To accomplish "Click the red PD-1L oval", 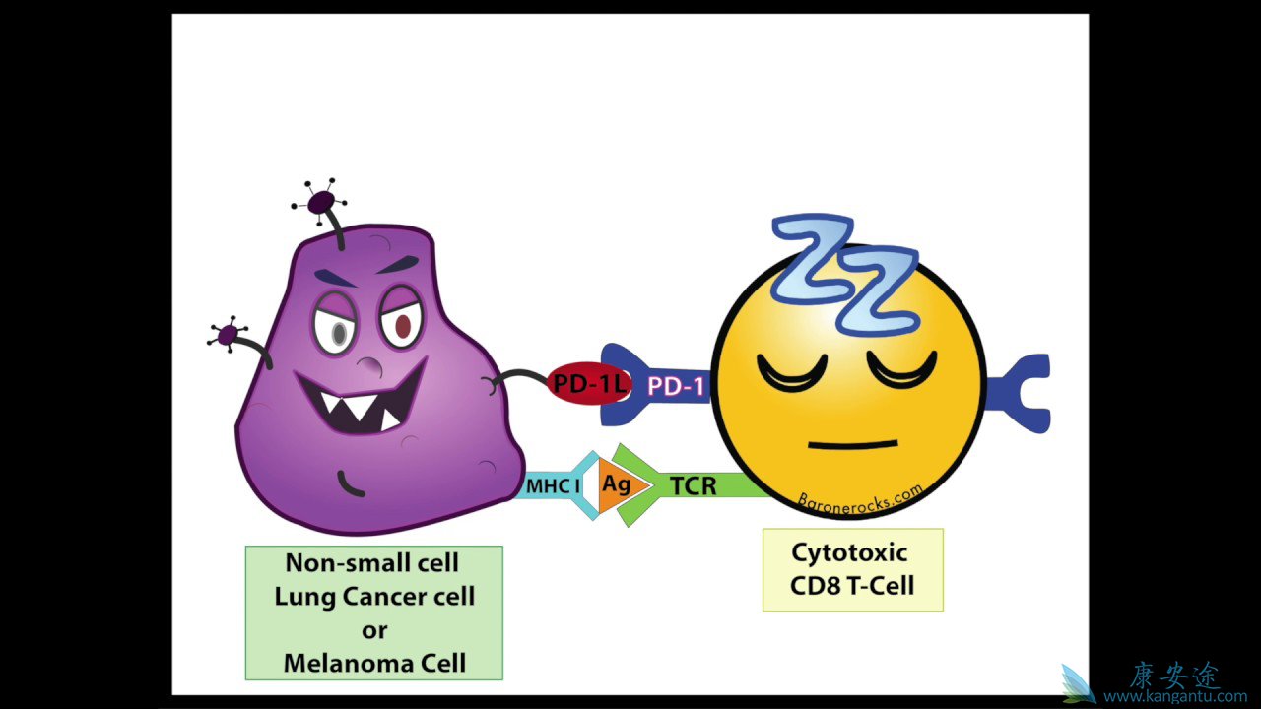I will tap(589, 383).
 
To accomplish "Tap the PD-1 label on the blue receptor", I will tap(676, 387).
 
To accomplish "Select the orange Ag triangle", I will tap(619, 485).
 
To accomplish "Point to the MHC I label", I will tap(552, 485).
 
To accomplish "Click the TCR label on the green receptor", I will tap(694, 485).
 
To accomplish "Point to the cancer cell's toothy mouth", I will tap(360, 399).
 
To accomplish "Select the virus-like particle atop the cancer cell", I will tap(321, 203).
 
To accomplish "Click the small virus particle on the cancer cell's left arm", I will tap(228, 336).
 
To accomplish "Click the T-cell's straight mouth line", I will tap(852, 444).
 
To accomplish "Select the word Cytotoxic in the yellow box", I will tap(849, 552).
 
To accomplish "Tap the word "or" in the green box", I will tap(374, 629).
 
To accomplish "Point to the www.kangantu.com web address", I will tap(1174, 696).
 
